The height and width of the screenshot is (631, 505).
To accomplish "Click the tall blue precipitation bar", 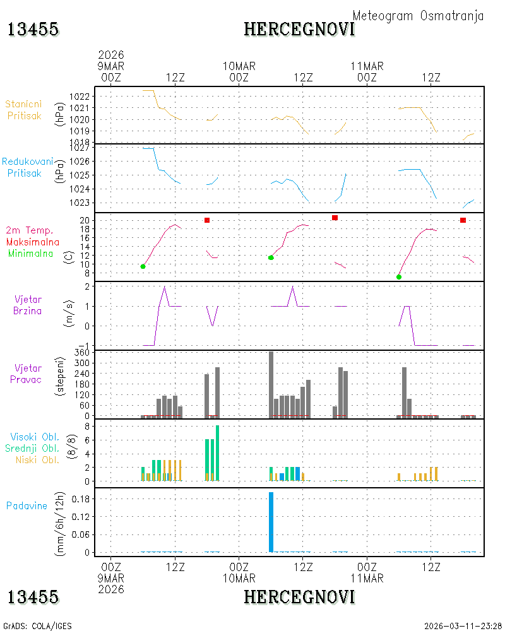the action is coord(271,522).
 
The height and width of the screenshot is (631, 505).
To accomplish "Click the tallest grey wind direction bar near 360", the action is coord(271,384).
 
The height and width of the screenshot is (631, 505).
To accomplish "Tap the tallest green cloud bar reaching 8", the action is coord(217,453).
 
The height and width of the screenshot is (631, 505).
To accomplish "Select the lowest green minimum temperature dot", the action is coord(399,277).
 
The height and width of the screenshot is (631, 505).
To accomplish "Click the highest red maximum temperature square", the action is coord(335,218).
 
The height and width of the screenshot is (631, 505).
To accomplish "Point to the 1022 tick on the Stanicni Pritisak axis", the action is coord(80,97).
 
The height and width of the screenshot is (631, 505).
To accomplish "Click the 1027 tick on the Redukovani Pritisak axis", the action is coord(80,148).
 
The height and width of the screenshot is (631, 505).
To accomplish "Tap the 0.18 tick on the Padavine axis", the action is coord(81,499).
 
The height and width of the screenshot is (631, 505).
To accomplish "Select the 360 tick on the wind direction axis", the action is coord(82,353).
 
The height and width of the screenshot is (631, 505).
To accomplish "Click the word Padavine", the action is coord(27,506).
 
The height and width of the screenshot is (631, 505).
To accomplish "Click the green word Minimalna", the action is coord(30,254).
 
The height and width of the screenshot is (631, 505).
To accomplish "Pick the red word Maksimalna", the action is coord(33,242).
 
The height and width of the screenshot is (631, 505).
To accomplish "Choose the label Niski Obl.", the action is coord(37,460).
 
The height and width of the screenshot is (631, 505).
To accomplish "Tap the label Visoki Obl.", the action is coord(35,437).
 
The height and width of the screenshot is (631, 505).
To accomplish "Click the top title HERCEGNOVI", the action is coord(299,30).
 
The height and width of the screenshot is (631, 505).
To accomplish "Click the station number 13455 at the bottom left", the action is coord(33,597).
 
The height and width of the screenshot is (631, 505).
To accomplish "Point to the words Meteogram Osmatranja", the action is coord(418,16).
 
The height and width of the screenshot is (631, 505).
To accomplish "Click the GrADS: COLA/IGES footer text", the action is coord(37,626).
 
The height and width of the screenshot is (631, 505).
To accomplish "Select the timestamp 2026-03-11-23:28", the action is coord(463,626).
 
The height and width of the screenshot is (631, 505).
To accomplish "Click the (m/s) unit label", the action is coord(69,314).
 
